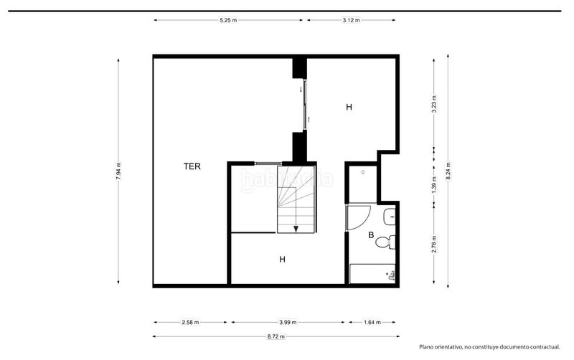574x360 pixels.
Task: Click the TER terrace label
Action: click(192, 166)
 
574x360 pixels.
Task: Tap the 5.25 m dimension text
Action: click(228, 21)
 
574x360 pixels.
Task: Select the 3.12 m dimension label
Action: click(351, 21)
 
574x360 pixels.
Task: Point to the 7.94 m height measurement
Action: click(118, 171)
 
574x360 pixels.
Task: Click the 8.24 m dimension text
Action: click(448, 171)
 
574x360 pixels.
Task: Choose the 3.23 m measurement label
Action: click(434, 104)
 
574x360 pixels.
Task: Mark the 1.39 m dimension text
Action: click(434, 185)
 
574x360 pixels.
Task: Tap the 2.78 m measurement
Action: click(434, 244)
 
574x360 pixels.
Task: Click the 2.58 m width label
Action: click(190, 322)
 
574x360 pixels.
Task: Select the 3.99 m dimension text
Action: click(288, 322)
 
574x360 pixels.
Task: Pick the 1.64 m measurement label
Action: click(372, 322)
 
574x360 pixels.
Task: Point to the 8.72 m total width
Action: click(276, 336)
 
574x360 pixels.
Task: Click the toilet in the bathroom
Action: click(386, 242)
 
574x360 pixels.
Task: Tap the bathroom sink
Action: click(390, 217)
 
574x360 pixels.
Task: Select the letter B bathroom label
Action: click(371, 235)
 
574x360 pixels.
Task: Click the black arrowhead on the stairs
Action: click(296, 229)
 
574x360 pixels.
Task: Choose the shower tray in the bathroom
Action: click(372, 274)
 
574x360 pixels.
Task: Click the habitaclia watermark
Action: click(286, 179)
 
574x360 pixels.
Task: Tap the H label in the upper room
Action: click(349, 107)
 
